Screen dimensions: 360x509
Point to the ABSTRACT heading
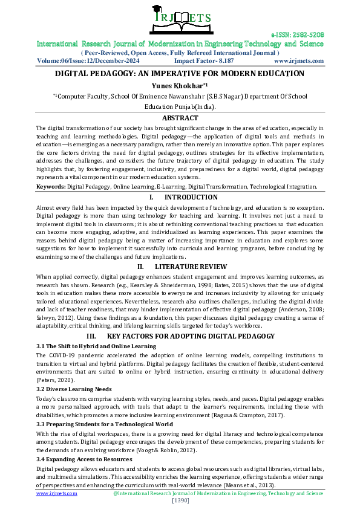[x=180, y=118]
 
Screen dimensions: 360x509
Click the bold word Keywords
[x=50, y=187]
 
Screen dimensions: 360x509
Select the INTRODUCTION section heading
[x=191, y=197]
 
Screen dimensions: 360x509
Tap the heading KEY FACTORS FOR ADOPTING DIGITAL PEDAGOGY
[x=190, y=336]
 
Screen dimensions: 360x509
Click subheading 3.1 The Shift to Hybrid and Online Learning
[x=96, y=346]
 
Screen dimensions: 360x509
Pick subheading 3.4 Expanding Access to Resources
[x=84, y=459]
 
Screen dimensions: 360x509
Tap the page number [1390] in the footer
[x=180, y=501]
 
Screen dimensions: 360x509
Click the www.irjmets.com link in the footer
[x=57, y=493]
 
